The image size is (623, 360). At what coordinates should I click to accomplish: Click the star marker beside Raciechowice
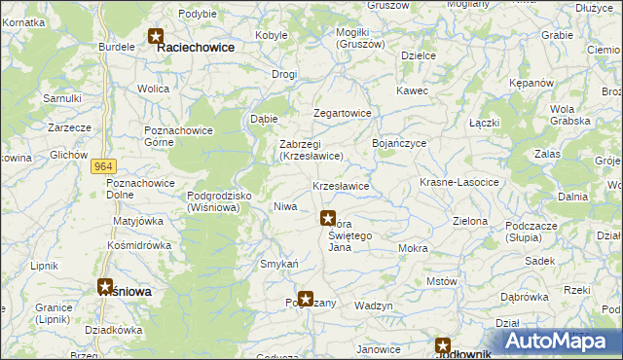click(x=156, y=38)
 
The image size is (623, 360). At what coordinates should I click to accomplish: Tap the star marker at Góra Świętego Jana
click(x=328, y=219)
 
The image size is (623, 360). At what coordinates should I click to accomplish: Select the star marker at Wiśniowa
click(x=105, y=287)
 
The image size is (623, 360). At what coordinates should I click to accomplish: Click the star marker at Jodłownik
click(x=443, y=345)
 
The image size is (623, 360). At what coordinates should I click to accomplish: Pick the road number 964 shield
click(x=105, y=166)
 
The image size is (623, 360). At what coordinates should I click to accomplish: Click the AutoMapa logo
click(x=561, y=341)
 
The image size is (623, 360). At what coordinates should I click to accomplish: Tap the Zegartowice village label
click(x=342, y=113)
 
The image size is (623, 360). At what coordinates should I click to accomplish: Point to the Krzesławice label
click(x=340, y=186)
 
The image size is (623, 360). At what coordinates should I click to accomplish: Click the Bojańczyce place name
click(x=399, y=142)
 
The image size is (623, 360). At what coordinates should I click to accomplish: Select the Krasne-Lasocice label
click(x=458, y=183)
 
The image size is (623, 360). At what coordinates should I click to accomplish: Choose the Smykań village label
click(x=278, y=264)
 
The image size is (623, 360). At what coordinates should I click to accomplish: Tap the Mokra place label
click(x=413, y=248)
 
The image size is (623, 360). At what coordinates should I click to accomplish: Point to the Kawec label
click(x=412, y=90)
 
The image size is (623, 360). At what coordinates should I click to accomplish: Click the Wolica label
click(x=153, y=89)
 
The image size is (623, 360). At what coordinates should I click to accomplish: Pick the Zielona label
click(x=470, y=221)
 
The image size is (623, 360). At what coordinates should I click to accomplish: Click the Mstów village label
click(x=442, y=281)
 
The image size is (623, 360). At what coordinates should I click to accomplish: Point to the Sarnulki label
click(x=61, y=98)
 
